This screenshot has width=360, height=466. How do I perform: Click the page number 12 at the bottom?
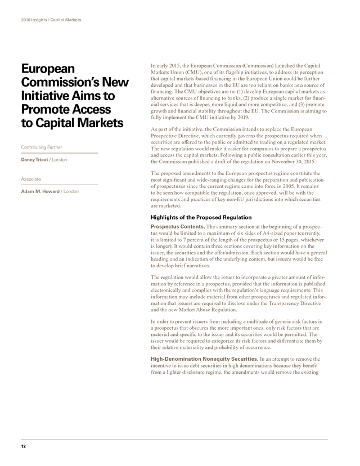(x=23, y=446)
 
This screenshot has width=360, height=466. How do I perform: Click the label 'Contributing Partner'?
(x=41, y=147)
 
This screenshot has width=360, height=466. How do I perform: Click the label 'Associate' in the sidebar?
(x=30, y=179)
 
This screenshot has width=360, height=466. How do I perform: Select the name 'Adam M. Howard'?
(x=40, y=191)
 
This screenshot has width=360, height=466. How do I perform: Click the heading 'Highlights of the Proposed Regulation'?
(x=201, y=217)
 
